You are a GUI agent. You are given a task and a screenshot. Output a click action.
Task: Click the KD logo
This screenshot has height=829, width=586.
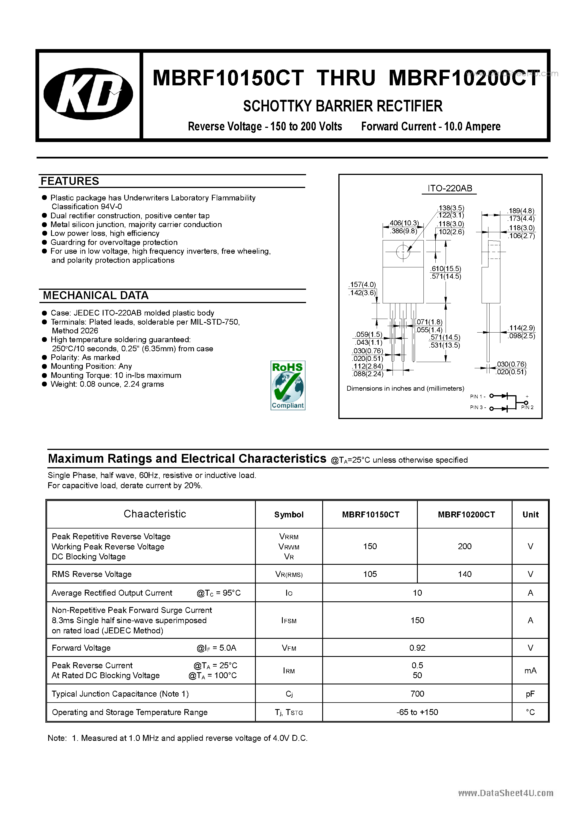tap(88, 94)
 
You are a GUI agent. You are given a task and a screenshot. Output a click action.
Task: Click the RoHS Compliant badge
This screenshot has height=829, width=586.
tap(288, 385)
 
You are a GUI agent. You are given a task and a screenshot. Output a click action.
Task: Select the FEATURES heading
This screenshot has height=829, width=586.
tap(70, 181)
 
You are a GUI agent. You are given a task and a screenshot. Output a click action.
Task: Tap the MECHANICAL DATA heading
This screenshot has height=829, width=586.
tap(96, 295)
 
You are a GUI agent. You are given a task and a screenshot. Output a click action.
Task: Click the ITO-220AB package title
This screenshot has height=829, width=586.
tap(450, 188)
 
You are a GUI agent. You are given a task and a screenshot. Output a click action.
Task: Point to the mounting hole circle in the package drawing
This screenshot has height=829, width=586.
tap(403, 252)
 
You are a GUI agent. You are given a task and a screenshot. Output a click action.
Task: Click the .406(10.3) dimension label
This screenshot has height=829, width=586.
tap(404, 223)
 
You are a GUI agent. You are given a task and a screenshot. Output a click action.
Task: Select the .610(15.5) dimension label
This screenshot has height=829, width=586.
tap(446, 268)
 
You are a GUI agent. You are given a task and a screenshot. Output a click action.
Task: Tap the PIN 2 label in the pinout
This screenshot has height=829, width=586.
tap(527, 407)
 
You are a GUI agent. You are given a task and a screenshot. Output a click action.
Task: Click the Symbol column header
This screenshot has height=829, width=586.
tap(289, 515)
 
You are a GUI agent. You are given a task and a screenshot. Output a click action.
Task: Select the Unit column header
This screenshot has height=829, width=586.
tap(530, 515)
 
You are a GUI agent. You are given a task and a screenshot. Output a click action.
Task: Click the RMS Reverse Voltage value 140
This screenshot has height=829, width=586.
tap(465, 574)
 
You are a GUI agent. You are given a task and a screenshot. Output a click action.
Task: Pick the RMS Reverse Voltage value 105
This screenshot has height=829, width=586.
tap(370, 574)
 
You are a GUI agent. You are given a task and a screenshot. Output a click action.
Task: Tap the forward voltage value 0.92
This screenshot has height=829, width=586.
tap(417, 648)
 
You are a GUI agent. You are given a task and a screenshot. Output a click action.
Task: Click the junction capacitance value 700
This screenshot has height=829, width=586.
tap(417, 693)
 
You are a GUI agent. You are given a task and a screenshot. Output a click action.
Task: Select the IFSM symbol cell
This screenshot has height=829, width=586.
tap(289, 620)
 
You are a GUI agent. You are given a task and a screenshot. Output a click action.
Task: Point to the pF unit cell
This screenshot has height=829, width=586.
tap(530, 693)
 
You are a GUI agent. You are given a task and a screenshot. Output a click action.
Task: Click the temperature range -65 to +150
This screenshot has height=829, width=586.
tap(417, 712)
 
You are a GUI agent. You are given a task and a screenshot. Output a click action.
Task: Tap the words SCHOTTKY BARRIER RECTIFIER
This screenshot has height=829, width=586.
tap(343, 106)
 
